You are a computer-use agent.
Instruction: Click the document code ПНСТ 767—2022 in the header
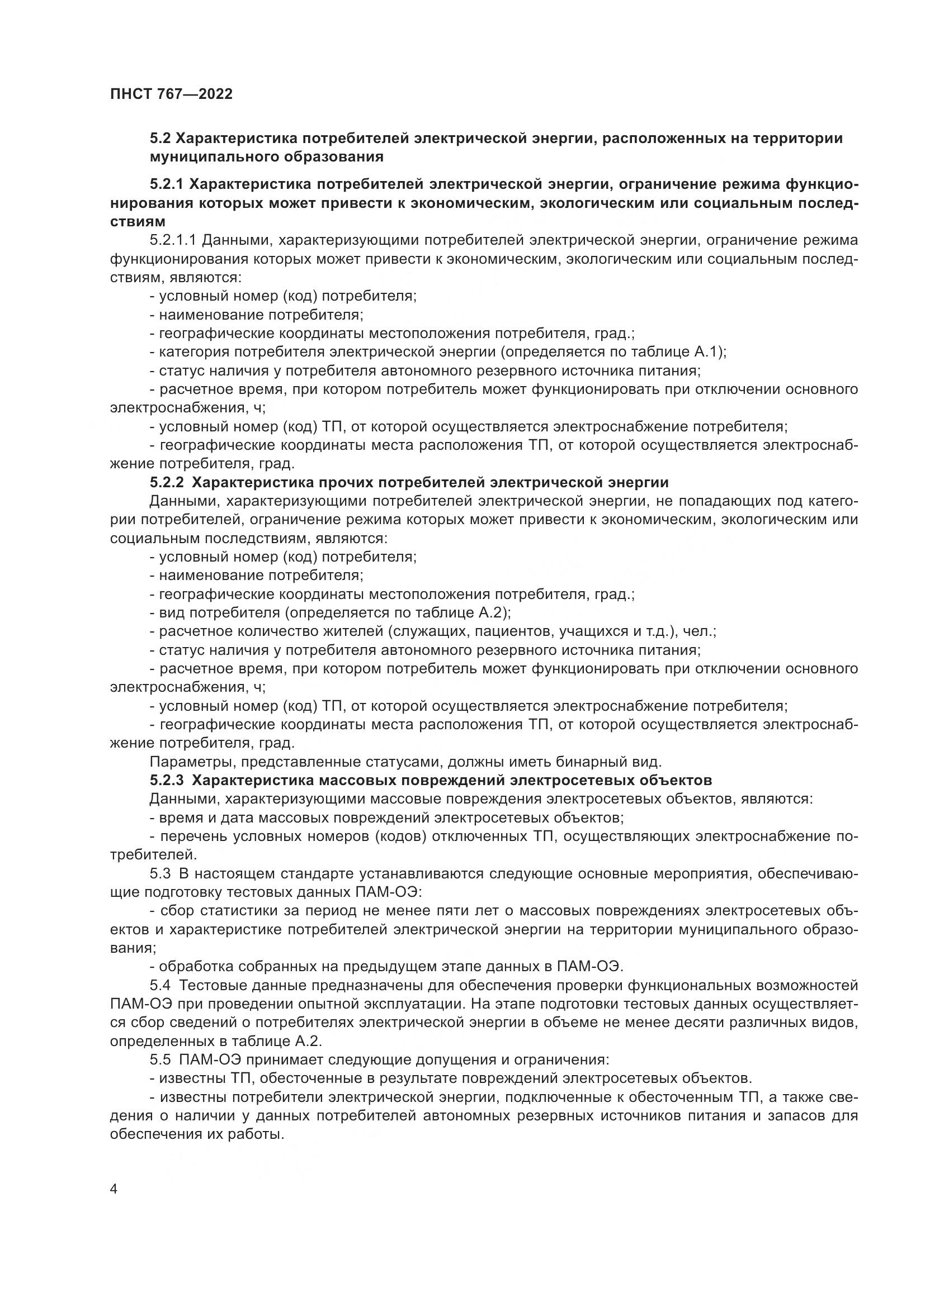pyautogui.click(x=171, y=94)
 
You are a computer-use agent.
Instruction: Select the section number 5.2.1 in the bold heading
pyautogui.click(x=166, y=185)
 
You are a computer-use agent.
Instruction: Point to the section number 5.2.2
pyautogui.click(x=166, y=483)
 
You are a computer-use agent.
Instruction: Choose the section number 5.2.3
pyautogui.click(x=166, y=780)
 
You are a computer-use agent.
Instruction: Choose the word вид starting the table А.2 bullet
pyautogui.click(x=172, y=612)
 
